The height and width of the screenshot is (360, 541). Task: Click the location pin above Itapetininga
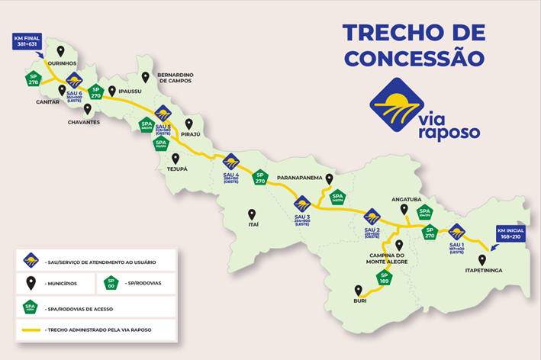click(x=481, y=260)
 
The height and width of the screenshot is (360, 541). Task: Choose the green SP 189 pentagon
click(x=384, y=278)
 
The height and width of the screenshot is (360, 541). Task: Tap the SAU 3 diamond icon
click(x=302, y=204)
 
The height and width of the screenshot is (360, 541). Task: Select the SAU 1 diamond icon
click(x=456, y=232)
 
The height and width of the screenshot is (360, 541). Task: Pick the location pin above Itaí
click(x=251, y=214)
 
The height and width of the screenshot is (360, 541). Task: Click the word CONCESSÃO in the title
click(x=414, y=57)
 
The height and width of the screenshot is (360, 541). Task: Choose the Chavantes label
click(x=84, y=122)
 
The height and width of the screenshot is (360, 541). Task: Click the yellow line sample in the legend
click(x=32, y=330)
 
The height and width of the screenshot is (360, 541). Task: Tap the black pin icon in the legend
click(x=31, y=283)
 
